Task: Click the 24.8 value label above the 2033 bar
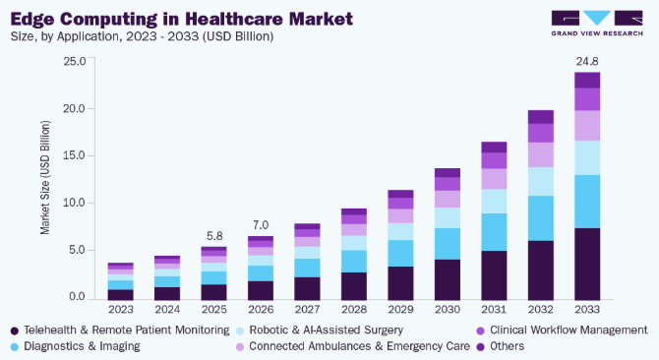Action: tap(587, 61)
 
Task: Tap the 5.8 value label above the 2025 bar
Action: tap(214, 236)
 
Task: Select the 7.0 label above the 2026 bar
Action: tap(261, 225)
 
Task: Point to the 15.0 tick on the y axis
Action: tap(75, 155)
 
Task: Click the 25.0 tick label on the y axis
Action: tap(75, 61)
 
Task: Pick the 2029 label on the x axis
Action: tap(400, 310)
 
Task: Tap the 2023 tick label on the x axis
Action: tap(121, 310)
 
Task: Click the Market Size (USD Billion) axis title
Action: tap(45, 177)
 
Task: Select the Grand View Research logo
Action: tap(597, 24)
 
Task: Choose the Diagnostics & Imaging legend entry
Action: tap(76, 346)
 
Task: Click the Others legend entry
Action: tap(501, 346)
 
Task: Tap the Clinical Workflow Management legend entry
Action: tap(562, 330)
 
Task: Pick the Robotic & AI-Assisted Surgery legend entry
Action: tap(320, 330)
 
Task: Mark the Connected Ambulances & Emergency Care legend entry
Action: tap(353, 346)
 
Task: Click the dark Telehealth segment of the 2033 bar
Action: tap(587, 264)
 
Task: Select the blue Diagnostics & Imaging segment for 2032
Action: tap(541, 218)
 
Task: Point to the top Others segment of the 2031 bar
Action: tap(494, 147)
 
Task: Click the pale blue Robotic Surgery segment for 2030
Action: tap(448, 217)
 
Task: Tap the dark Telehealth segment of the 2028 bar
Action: tap(354, 286)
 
